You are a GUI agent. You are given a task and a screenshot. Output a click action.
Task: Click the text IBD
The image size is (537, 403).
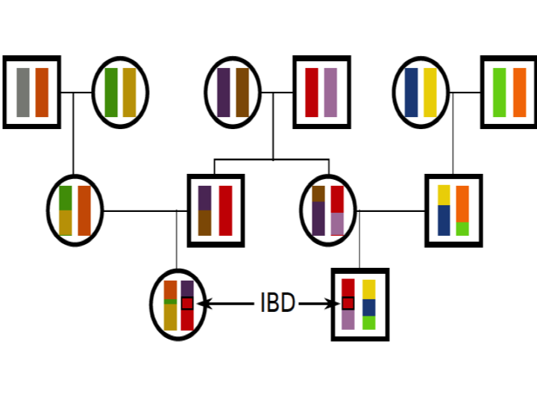pyautogui.click(x=277, y=304)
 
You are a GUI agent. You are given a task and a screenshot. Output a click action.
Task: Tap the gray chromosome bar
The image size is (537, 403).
pyautogui.click(x=23, y=93)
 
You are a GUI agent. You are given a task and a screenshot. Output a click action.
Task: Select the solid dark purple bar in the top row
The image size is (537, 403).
pyautogui.click(x=224, y=93)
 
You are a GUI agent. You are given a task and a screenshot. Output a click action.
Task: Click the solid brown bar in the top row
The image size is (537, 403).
pyautogui.click(x=242, y=93)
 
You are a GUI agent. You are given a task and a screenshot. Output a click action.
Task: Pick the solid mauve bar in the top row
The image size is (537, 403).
pyautogui.click(x=330, y=93)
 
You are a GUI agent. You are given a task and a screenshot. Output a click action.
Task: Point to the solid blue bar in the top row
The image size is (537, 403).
pyautogui.click(x=411, y=93)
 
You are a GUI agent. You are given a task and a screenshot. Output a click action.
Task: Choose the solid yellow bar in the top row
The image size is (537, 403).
pyautogui.click(x=430, y=93)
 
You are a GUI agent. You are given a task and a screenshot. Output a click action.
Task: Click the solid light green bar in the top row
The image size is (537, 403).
pyautogui.click(x=500, y=93)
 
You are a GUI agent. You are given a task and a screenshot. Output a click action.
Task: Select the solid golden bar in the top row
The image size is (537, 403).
pyautogui.click(x=130, y=93)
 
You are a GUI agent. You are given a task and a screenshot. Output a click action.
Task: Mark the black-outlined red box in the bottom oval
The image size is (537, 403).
pyautogui.click(x=187, y=303)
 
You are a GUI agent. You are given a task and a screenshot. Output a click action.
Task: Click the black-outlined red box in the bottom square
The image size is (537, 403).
pyautogui.click(x=348, y=303)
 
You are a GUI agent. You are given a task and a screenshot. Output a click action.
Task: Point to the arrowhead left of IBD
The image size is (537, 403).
pyautogui.click(x=204, y=304)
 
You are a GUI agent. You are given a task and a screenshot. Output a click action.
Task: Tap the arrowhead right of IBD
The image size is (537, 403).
pyautogui.click(x=335, y=304)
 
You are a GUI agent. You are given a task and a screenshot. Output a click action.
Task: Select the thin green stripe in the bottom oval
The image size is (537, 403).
pyautogui.click(x=170, y=302)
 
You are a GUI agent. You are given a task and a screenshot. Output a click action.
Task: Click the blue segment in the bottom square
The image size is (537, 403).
pyautogui.click(x=368, y=307)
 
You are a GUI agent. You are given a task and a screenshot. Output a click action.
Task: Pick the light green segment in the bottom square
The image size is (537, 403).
pyautogui.click(x=368, y=322)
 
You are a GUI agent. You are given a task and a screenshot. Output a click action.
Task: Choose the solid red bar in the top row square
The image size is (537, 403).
pyautogui.click(x=312, y=93)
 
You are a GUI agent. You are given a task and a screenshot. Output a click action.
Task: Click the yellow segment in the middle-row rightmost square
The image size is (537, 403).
pyautogui.click(x=444, y=195)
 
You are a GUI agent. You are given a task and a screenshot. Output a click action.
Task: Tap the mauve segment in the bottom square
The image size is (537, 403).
pyautogui.click(x=348, y=319)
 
